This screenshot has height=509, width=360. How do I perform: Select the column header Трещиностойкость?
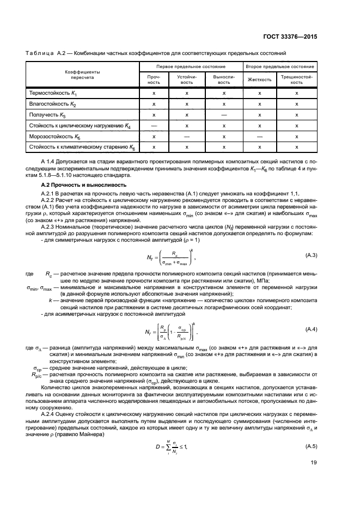tap(297, 79)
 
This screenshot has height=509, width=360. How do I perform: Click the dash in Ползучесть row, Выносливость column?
tap(223, 115)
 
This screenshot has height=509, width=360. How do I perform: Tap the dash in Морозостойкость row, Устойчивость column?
tap(187, 136)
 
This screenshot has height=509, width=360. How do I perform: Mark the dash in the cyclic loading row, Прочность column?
tap(154, 126)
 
